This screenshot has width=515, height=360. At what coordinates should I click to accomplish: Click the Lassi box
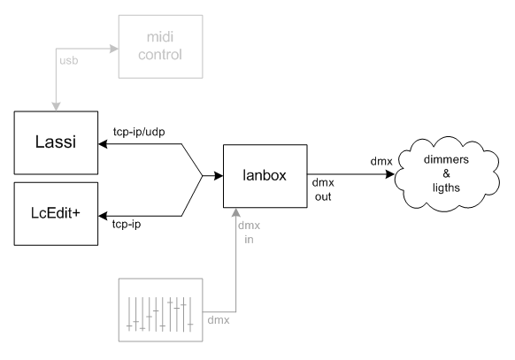pyautogui.click(x=56, y=142)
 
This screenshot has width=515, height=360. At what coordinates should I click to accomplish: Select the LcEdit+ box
pyautogui.click(x=56, y=214)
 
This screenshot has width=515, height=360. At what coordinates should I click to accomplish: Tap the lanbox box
pyautogui.click(x=265, y=176)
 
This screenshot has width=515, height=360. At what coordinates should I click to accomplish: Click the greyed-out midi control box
pyautogui.click(x=161, y=47)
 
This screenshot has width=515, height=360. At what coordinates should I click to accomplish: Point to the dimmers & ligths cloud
pyautogui.click(x=447, y=174)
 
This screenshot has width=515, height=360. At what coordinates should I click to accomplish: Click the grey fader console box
pyautogui.click(x=161, y=310)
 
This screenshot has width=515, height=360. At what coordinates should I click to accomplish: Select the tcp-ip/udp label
pyautogui.click(x=139, y=132)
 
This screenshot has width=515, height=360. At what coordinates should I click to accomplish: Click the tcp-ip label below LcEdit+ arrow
pyautogui.click(x=127, y=224)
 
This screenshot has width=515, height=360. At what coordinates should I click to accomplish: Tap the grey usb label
pyautogui.click(x=69, y=60)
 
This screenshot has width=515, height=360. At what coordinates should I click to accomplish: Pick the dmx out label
pyautogui.click(x=323, y=189)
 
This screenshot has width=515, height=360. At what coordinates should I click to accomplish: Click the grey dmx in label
pyautogui.click(x=249, y=233)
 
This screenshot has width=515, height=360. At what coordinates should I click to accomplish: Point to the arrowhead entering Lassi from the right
pyautogui.click(x=103, y=144)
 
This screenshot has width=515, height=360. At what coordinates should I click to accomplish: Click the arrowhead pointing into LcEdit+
pyautogui.click(x=103, y=216)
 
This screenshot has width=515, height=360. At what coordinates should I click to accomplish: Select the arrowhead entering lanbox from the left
pyautogui.click(x=219, y=176)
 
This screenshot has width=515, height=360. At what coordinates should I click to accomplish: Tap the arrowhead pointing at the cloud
pyautogui.click(x=389, y=174)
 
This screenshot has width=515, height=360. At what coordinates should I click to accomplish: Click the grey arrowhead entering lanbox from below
pyautogui.click(x=236, y=212)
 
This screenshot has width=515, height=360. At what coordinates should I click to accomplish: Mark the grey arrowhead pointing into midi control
pyautogui.click(x=114, y=49)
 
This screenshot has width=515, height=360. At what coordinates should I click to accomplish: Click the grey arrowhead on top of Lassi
pyautogui.click(x=56, y=107)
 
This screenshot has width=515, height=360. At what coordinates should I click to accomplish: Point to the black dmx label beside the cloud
pyautogui.click(x=381, y=161)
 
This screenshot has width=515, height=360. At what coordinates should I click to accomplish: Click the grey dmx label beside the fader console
pyautogui.click(x=219, y=320)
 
